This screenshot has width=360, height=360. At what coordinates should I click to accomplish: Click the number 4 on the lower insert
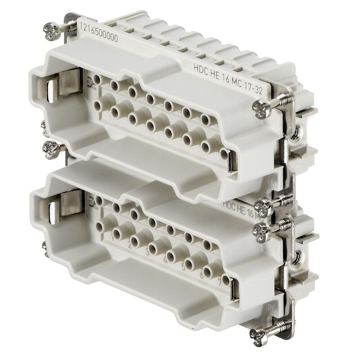(x=166, y=260)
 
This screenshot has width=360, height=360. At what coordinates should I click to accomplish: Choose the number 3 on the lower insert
(x=147, y=252)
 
